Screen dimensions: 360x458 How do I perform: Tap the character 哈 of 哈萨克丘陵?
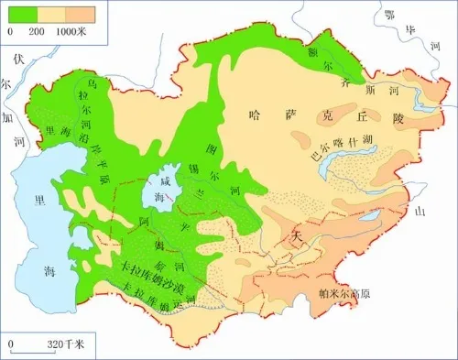(x=256, y=115)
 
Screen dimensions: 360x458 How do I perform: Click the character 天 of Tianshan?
(x=295, y=236)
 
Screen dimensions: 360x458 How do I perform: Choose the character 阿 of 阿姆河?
(x=143, y=221)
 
